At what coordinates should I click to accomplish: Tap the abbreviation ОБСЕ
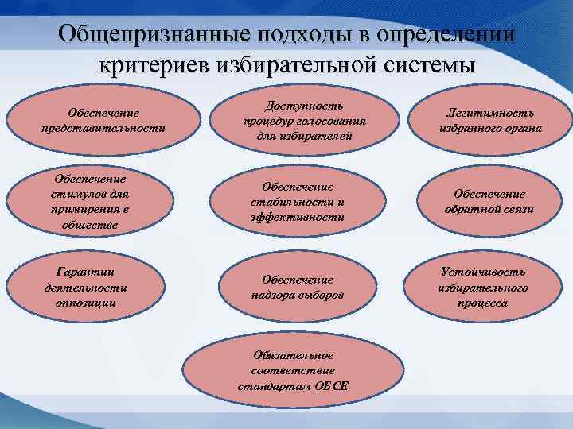(x=330, y=386)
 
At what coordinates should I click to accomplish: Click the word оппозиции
(x=80, y=302)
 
